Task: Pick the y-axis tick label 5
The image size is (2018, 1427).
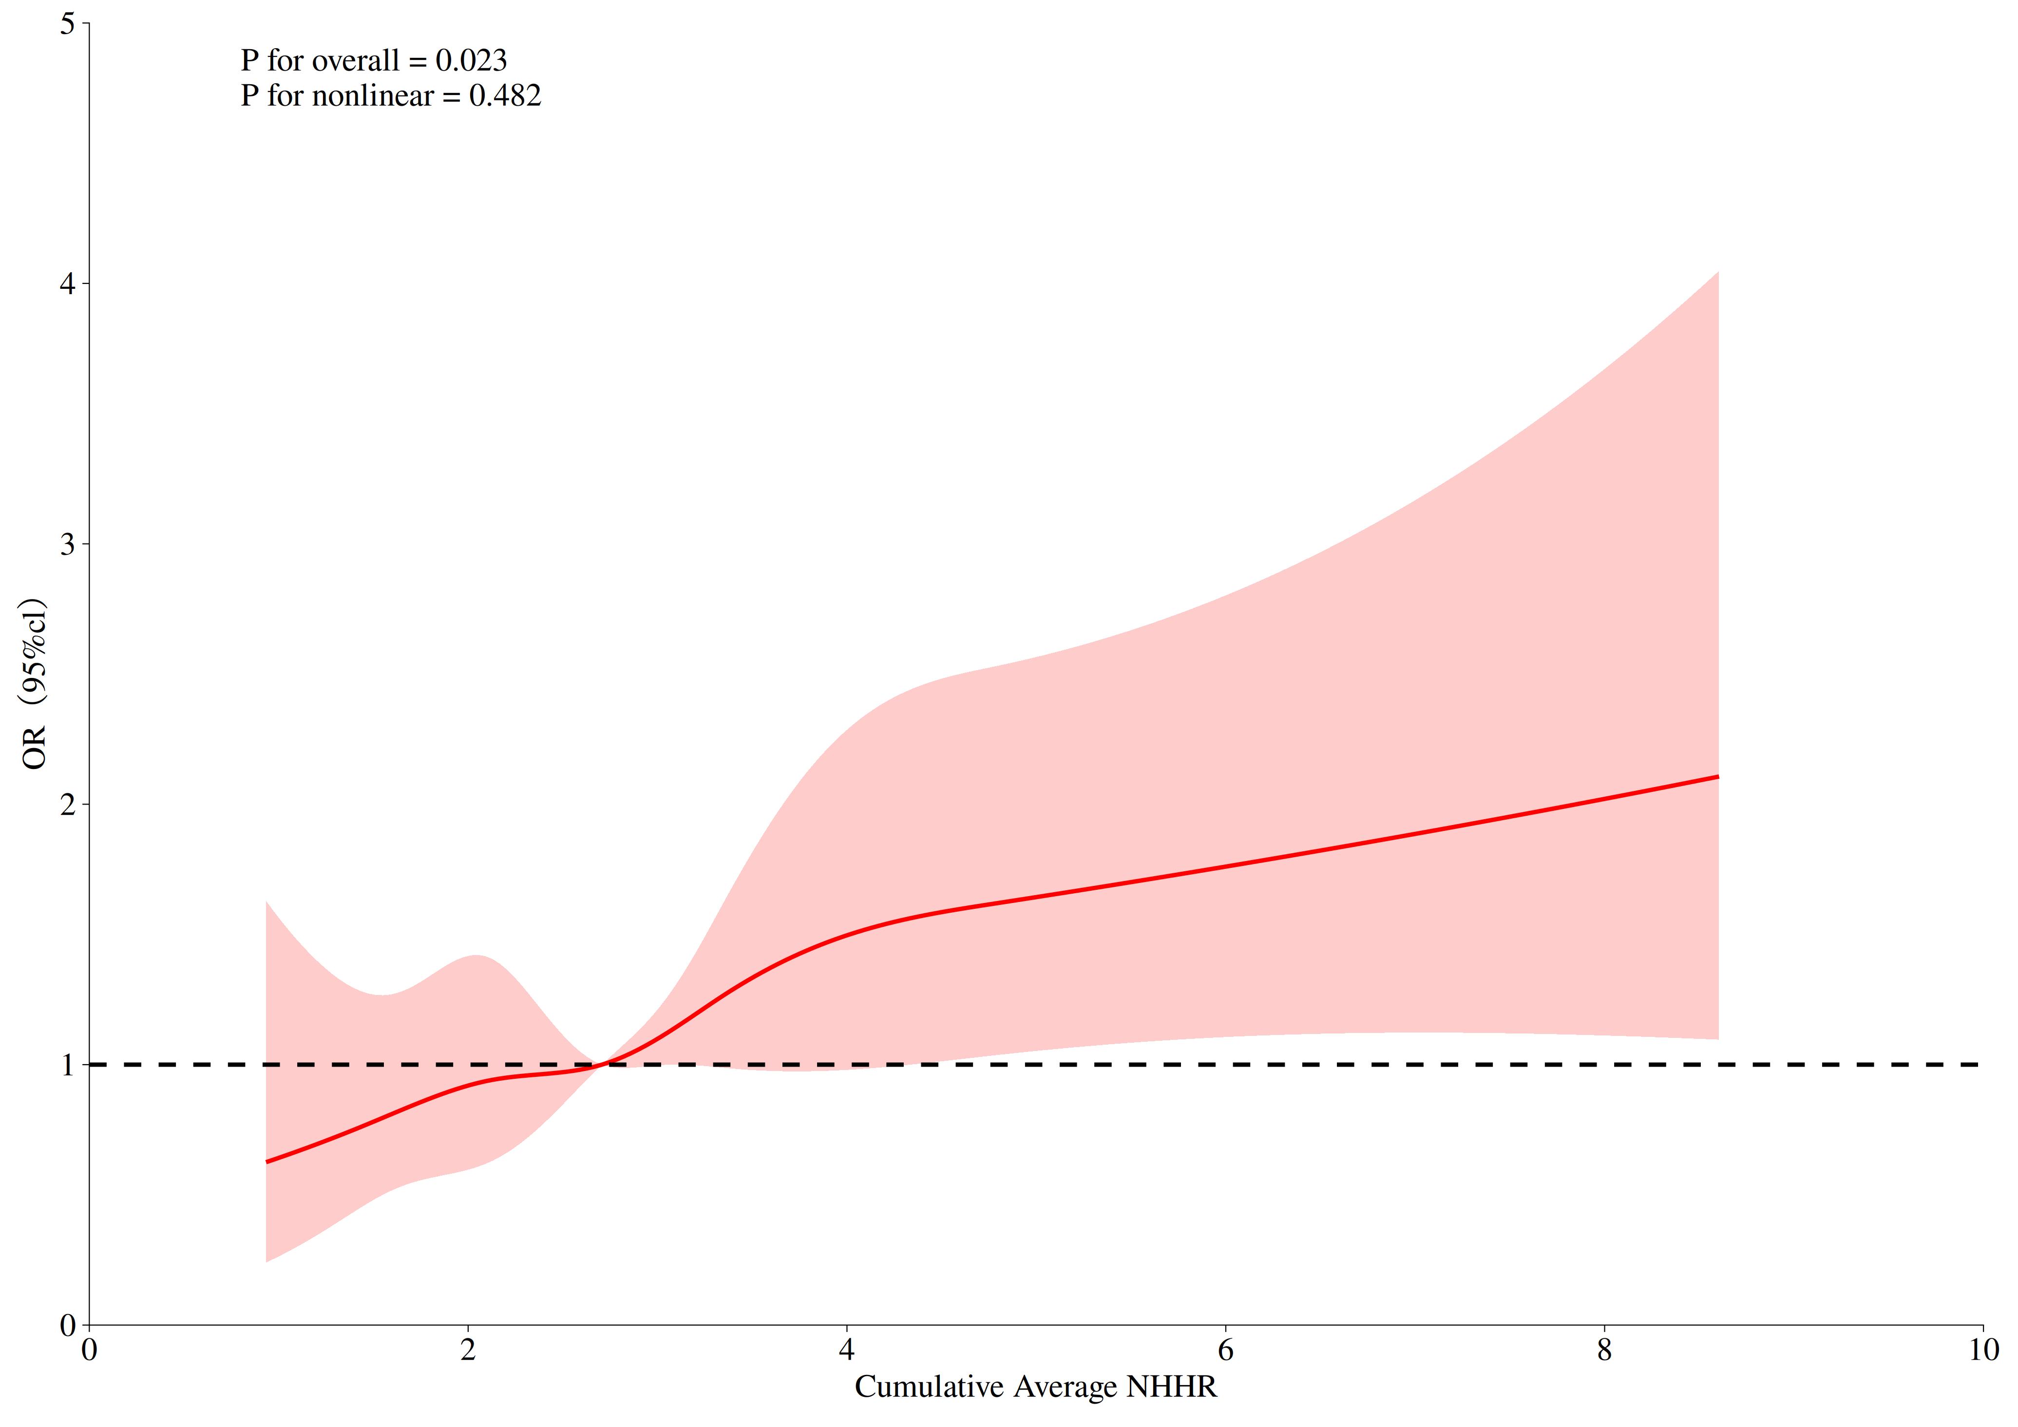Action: (68, 25)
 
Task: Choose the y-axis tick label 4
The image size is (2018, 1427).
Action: (68, 285)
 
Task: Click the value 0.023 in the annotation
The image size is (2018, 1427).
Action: (471, 60)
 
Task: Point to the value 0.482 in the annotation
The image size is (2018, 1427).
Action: (505, 96)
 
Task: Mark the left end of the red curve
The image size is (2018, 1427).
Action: (267, 1162)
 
